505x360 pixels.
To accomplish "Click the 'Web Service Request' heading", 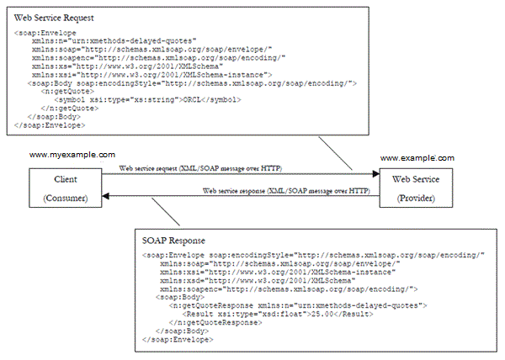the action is point(54,18).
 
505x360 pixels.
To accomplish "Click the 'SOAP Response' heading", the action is point(173,241).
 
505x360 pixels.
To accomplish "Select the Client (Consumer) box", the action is point(66,188).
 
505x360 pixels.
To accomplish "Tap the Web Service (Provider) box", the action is point(416,188).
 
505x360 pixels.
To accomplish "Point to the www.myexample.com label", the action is point(72,155).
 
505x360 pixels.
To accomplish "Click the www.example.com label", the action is point(417,158).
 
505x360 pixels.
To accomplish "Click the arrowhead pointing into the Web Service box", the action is point(376,174).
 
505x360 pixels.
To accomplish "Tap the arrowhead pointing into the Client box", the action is point(106,196).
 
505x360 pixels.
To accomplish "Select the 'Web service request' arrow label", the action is point(200,168).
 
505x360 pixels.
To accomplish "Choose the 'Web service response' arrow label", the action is point(286,191).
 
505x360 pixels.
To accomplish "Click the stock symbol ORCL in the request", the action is point(192,100).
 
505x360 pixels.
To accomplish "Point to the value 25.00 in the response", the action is point(322,314).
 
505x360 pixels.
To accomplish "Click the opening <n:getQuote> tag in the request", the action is point(67,92).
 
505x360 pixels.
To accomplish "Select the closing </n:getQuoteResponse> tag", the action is point(215,322).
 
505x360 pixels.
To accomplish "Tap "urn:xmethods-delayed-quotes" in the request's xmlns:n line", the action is point(132,41).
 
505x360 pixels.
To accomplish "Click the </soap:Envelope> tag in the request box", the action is point(50,125).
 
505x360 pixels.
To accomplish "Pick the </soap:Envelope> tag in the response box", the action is point(178,340).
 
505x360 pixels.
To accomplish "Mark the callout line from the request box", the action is point(335,153).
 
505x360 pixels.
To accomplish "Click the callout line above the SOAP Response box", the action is point(166,211).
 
